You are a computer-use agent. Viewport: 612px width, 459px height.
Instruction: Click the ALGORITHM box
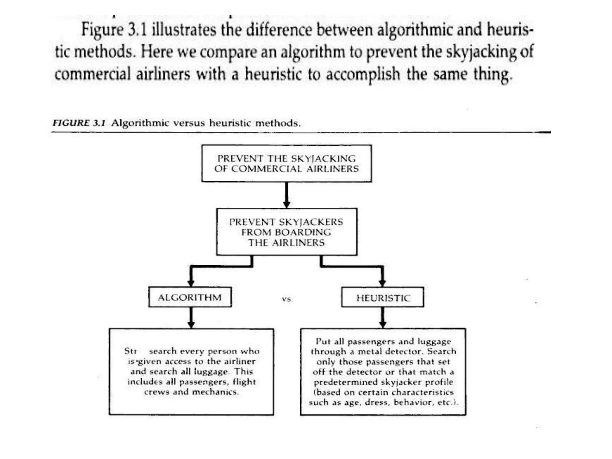[x=190, y=297]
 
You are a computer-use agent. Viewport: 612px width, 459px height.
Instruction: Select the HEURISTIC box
[x=383, y=297]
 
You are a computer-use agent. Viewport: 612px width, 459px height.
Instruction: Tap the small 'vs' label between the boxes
[x=286, y=299]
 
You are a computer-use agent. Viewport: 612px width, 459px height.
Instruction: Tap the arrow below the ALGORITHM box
[x=191, y=318]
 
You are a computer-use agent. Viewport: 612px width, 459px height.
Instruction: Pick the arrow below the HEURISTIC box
[x=382, y=318]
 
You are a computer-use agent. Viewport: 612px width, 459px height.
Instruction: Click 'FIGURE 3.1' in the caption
[x=79, y=123]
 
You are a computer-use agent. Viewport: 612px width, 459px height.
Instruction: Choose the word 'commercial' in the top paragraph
[x=93, y=74]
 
